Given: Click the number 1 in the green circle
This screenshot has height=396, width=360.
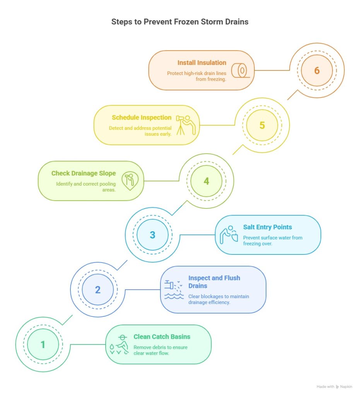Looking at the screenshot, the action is pos(43,345).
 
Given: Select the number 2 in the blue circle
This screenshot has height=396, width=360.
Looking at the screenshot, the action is pos(98,290).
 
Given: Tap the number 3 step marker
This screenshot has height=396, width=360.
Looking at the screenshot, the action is pos(152,235).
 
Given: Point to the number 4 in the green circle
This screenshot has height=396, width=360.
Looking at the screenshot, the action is pos(206,181).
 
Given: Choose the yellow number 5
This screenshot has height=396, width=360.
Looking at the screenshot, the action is pos(262,125).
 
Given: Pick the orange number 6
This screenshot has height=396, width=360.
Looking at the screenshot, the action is pos(317,70).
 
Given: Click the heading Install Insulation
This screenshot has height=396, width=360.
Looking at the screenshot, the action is pos(202,63).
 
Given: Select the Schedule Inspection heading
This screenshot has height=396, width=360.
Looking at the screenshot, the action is pos(142,118).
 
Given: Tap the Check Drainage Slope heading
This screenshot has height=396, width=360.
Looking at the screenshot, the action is pos(84,173).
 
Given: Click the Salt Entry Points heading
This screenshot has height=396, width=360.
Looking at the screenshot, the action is pos(267,227).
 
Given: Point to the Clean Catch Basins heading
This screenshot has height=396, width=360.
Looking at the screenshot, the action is pos(162,337).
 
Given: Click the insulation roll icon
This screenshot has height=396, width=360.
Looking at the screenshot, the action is pos(241,70).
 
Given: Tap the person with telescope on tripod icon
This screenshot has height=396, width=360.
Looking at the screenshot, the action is pos(186,125).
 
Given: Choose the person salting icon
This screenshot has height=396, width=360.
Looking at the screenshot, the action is pos(229,235).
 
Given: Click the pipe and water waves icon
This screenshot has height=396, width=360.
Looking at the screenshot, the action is pos(174,289).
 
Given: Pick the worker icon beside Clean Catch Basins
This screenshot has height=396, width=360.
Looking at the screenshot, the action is pos(119,345).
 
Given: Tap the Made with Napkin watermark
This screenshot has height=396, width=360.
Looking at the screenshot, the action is pos(334,387).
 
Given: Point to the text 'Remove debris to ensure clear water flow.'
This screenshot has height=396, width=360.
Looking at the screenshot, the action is pos(160,350).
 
